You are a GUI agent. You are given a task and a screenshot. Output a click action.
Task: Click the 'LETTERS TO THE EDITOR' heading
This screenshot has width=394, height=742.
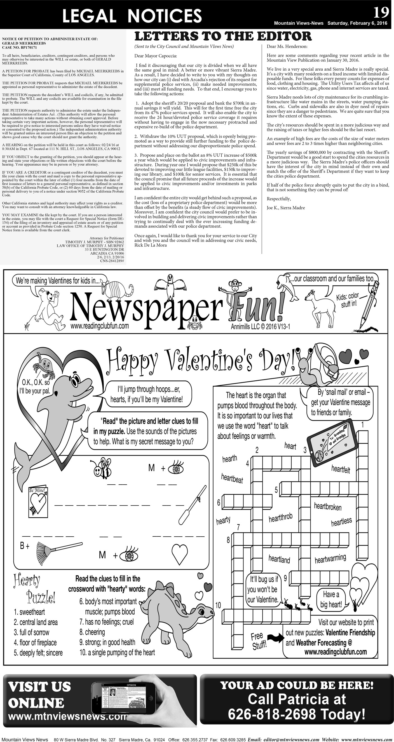223,36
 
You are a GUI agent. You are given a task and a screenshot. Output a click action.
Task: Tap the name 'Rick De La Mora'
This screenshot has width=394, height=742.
151,245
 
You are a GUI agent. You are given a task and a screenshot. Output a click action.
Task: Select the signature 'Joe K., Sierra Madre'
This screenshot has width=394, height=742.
285,208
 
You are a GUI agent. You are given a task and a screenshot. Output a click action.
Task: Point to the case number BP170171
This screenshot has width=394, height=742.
29,48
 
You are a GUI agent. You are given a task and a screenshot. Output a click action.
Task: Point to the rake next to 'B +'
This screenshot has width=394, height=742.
59,550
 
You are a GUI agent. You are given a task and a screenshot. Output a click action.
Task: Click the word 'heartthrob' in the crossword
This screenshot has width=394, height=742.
280,518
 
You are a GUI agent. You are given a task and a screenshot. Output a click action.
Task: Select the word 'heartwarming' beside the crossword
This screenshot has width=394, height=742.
330,559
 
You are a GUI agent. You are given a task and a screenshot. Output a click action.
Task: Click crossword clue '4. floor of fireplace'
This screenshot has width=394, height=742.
35,643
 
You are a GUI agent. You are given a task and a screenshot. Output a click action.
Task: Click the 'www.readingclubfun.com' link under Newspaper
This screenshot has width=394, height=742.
99,326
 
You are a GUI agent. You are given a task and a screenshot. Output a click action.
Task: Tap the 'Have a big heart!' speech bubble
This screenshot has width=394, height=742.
331,599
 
